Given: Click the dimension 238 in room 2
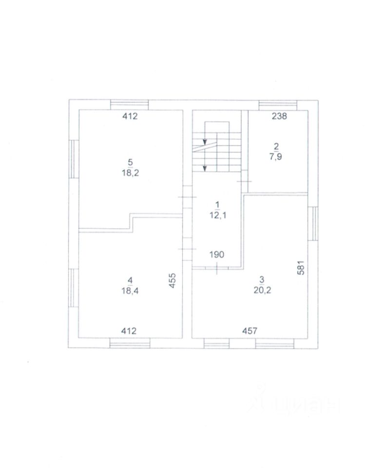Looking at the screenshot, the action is (279, 116).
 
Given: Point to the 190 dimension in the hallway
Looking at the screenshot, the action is (217, 254).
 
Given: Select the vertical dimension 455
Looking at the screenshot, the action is (172, 281).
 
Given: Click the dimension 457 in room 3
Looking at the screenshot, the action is (249, 331).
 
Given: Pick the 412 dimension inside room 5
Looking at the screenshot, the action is (130, 116).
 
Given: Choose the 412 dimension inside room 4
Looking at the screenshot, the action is (129, 331).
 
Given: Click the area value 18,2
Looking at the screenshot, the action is (130, 173).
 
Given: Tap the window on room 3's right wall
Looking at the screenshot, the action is (313, 223).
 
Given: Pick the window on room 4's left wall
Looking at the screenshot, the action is (73, 289).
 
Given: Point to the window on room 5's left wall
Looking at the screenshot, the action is (73, 158).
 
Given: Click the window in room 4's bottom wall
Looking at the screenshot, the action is (130, 344).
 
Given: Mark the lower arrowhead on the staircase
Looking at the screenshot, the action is (205, 168).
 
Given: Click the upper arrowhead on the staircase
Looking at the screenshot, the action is (205, 141).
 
